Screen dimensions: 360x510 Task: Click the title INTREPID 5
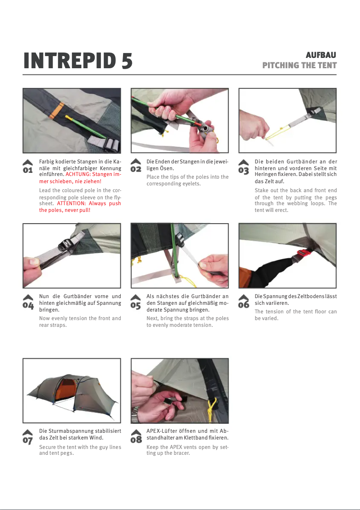click(x=78, y=61)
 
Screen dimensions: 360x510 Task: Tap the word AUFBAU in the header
click(x=321, y=55)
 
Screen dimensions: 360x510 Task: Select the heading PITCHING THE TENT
click(x=299, y=66)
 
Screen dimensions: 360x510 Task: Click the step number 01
click(x=28, y=170)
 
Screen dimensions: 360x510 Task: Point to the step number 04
click(x=28, y=305)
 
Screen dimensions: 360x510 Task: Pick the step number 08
click(x=136, y=440)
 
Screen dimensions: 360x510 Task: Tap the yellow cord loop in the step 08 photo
click(x=212, y=407)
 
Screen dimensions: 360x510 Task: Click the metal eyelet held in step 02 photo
click(x=206, y=127)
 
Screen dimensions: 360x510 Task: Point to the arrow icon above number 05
click(x=136, y=298)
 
